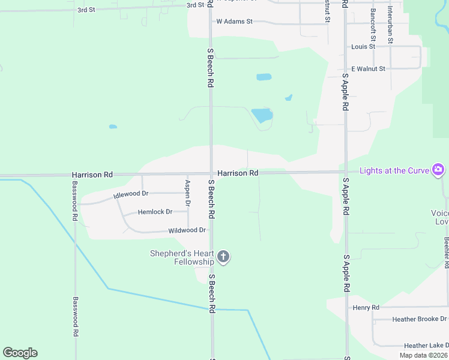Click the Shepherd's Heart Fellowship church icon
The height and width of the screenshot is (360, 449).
point(223,257)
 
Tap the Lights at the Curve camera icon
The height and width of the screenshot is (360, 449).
point(438,170)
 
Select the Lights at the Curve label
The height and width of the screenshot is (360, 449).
point(394,170)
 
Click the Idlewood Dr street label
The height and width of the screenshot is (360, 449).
point(130,194)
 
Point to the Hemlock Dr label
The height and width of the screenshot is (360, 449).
point(155,212)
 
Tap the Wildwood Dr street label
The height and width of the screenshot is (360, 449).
point(187,230)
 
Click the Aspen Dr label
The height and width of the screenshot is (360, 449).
point(188,194)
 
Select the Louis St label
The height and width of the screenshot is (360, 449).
point(363,46)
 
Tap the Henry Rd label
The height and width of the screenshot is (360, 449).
point(366,308)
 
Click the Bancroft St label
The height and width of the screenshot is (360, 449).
point(373,20)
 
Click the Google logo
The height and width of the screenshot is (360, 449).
point(20,353)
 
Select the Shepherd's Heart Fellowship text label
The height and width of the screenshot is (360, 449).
point(182,257)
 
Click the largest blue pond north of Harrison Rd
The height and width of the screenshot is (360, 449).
point(262,115)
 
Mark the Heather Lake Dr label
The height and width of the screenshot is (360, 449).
point(426,346)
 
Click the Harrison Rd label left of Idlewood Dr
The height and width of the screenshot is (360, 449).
point(92,175)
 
